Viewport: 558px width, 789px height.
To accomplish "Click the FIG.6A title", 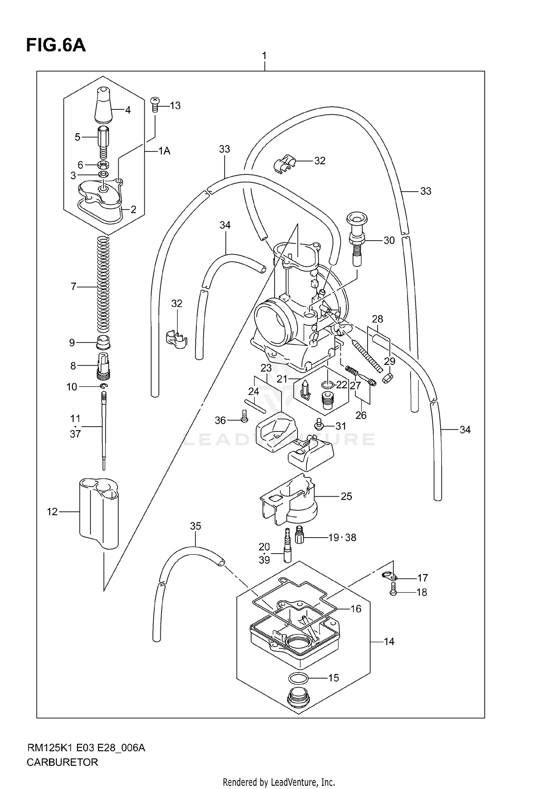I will click(56, 45).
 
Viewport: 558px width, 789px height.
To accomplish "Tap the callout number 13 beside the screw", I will click(175, 106).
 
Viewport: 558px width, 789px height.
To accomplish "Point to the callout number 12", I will click(52, 512).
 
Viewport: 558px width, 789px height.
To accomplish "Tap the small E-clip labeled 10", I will click(104, 387).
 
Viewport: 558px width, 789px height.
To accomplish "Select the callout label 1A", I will click(164, 151).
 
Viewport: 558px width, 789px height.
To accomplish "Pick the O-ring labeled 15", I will click(298, 678).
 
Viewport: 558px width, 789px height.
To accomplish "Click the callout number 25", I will click(346, 496).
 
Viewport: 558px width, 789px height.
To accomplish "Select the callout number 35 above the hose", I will click(195, 526).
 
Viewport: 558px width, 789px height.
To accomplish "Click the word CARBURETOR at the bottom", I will click(62, 762).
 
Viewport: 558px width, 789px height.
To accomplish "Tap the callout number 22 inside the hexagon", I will click(341, 385).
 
